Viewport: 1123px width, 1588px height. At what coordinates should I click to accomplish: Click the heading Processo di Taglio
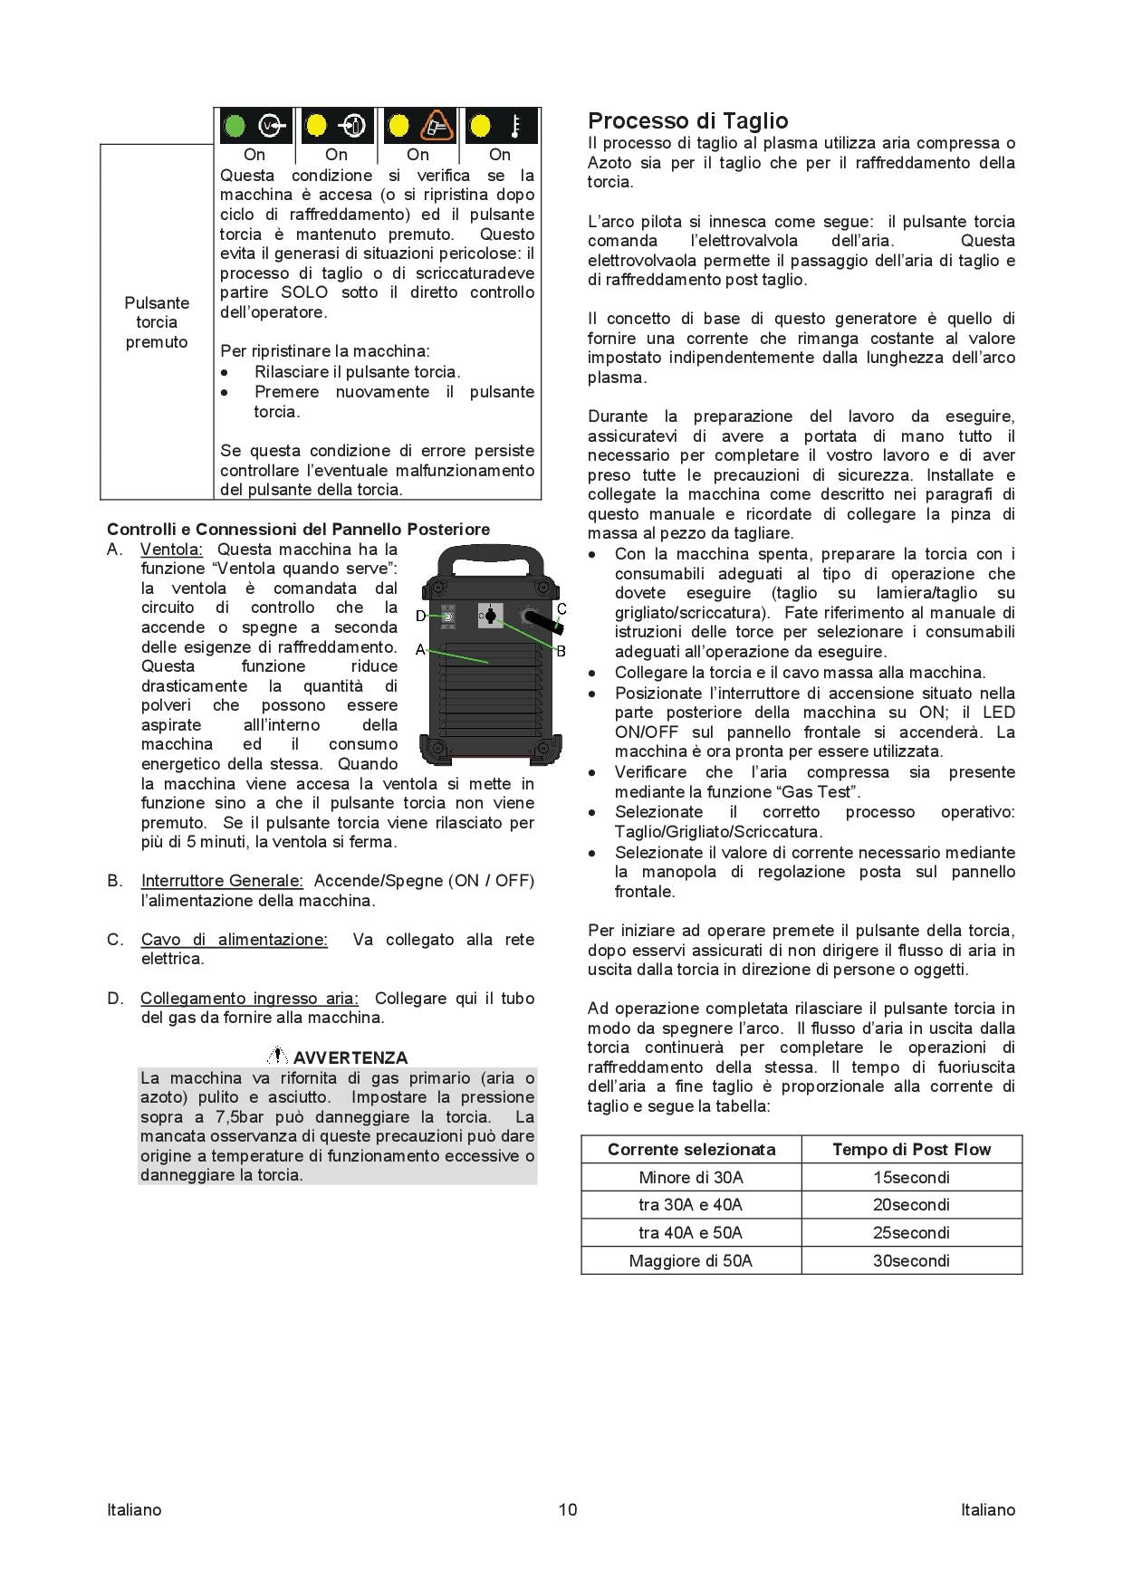tap(687, 121)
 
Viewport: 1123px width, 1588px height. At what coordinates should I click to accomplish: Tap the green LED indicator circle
tap(235, 125)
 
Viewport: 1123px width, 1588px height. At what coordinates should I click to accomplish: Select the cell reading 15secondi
tap(911, 1177)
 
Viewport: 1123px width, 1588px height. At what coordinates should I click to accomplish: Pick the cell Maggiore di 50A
tap(690, 1260)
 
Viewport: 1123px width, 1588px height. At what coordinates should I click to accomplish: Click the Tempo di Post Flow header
tap(911, 1149)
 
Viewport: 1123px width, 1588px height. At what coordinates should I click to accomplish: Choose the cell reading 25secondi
tap(911, 1232)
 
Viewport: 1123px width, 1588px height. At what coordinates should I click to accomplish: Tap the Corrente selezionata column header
tap(691, 1149)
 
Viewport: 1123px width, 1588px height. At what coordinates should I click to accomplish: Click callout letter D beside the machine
tap(420, 617)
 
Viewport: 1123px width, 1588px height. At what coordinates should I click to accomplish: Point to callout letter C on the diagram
tap(561, 608)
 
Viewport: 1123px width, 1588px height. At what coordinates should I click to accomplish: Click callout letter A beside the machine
tap(420, 649)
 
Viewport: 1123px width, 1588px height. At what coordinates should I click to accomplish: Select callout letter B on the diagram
tap(561, 650)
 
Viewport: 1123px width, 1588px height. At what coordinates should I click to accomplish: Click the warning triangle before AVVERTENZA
tap(278, 1056)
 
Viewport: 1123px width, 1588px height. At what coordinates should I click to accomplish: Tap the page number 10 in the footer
tap(568, 1509)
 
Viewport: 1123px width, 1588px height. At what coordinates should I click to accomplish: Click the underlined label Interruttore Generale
tap(222, 881)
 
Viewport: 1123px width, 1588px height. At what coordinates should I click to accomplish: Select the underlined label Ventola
tap(172, 550)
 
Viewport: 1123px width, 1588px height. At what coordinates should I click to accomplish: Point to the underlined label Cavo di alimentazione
tap(234, 940)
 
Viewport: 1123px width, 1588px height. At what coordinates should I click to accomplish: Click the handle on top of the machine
tap(490, 560)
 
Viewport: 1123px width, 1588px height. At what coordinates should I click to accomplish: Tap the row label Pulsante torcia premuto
tap(157, 322)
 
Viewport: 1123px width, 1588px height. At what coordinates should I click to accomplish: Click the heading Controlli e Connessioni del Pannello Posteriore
tap(298, 530)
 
